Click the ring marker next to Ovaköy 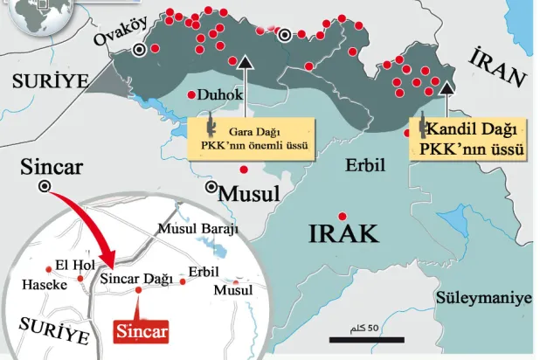coord(140,51)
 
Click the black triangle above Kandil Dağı coord(447,86)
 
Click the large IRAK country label coord(343,233)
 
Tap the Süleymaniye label coord(483,298)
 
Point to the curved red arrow coord(83,223)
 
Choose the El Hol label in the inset coord(73,265)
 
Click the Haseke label coord(41,285)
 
